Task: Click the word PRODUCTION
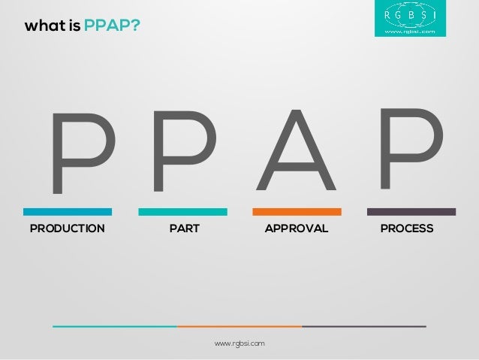point(67,228)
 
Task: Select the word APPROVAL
point(297,228)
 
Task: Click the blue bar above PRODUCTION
point(67,212)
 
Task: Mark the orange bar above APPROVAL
point(297,212)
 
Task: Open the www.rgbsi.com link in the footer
point(239,343)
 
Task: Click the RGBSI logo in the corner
point(414,20)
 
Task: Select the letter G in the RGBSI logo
point(398,14)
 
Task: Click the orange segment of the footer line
point(239,326)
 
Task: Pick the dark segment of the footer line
point(364,326)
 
